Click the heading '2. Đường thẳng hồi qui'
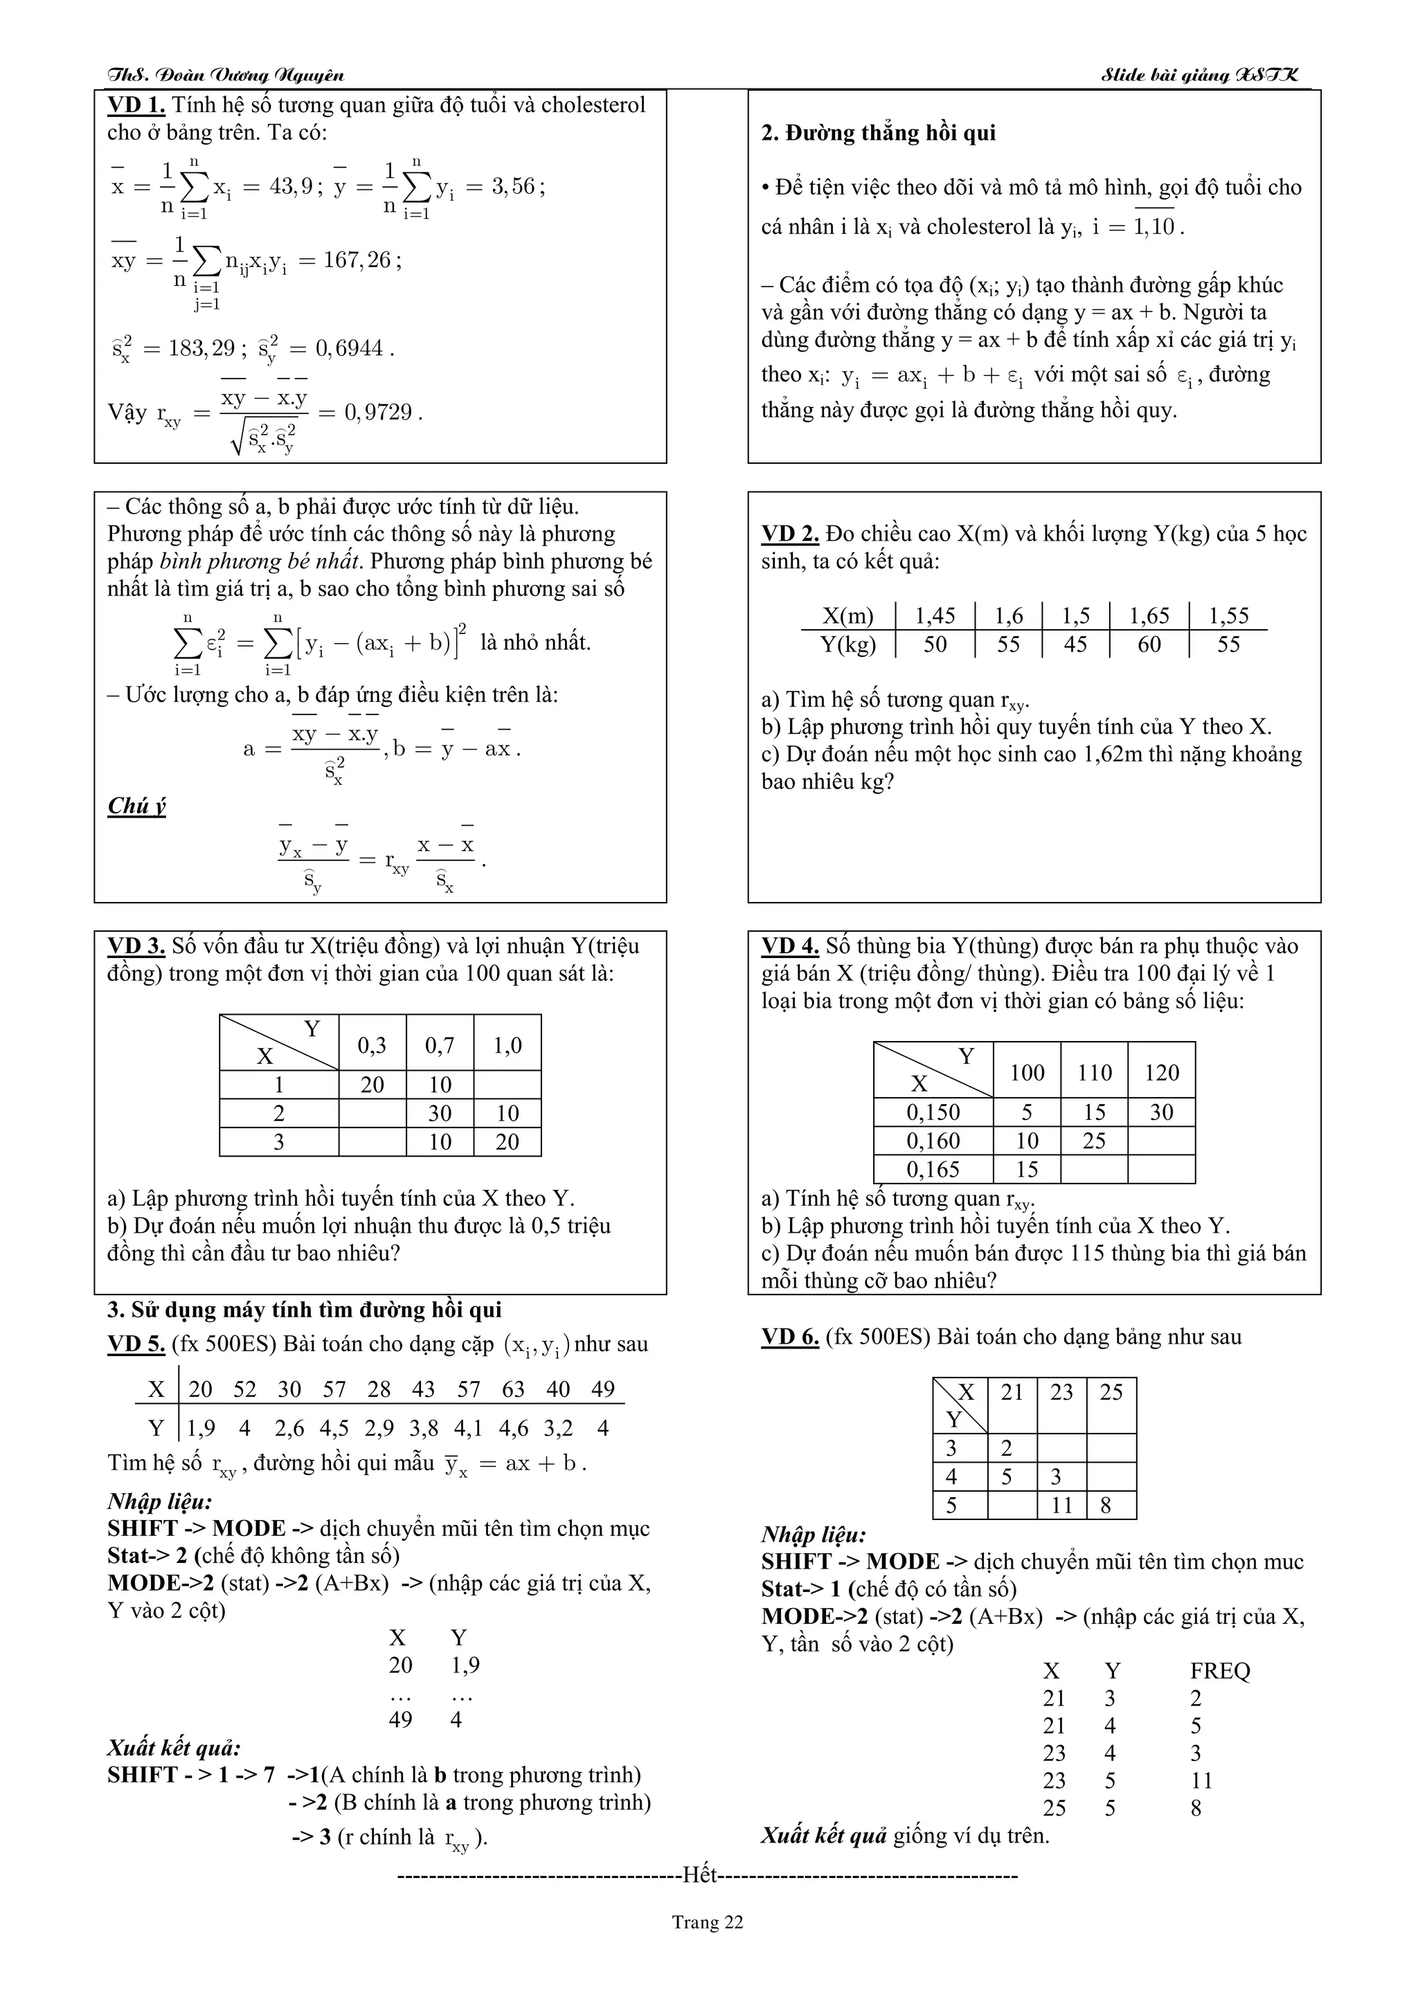point(878,133)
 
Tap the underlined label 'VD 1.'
point(136,106)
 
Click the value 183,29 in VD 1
point(201,349)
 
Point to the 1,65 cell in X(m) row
point(1149,616)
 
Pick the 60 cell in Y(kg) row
point(1149,645)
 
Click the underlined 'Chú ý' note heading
point(136,806)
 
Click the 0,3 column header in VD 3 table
point(373,1045)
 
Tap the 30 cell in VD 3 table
point(440,1113)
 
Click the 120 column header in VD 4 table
point(1161,1072)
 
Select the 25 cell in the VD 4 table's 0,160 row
point(1094,1141)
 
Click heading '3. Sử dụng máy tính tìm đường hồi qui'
point(305,1310)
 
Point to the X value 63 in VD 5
point(513,1389)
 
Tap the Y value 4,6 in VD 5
point(513,1429)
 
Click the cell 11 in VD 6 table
point(1061,1506)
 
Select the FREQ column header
point(1220,1672)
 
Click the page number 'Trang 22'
point(707,1922)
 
